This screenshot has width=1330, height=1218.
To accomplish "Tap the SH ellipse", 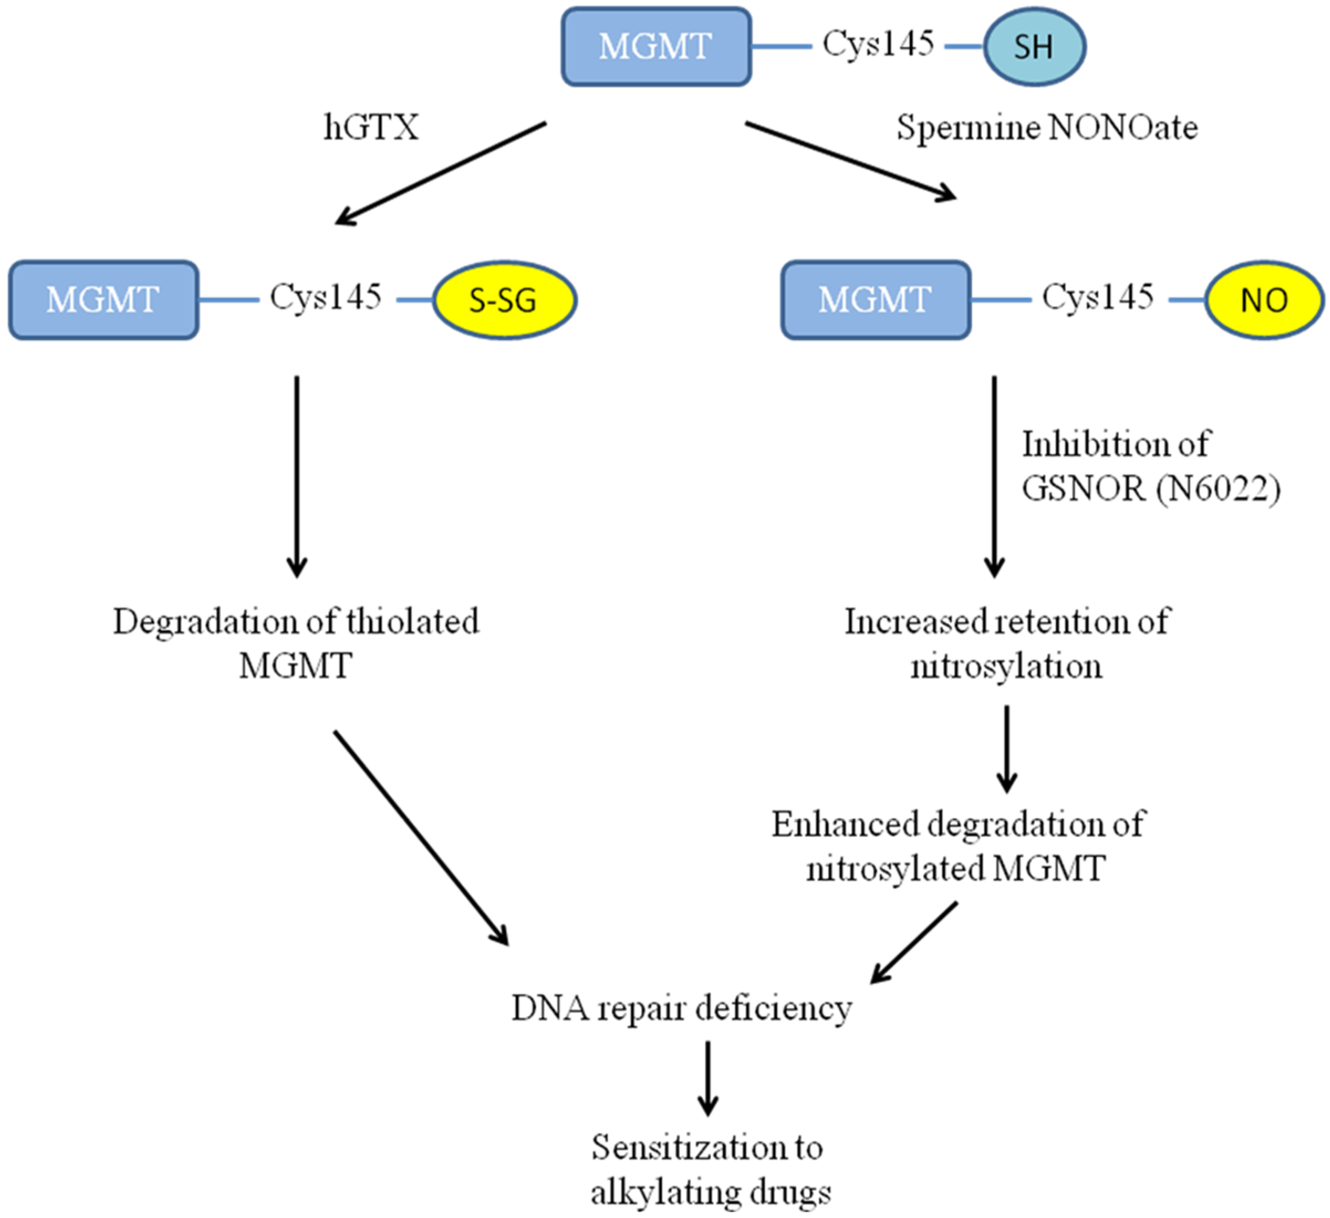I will pos(1034,47).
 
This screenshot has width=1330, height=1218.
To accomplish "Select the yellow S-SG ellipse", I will pos(504,300).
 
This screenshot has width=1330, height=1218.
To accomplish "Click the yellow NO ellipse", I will pos(1263,300).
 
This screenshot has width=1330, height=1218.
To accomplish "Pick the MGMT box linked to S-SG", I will pos(103,300).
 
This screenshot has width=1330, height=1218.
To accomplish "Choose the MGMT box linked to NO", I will pos(876,300).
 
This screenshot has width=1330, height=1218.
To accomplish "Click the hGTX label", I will pos(371,127).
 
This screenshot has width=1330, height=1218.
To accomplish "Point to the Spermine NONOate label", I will pos(1047,127).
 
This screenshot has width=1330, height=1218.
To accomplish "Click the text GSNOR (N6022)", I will pos(1150,489).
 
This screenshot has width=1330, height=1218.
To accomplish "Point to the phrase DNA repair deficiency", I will pos(682,1008).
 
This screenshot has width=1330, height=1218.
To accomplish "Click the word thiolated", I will pos(412,622).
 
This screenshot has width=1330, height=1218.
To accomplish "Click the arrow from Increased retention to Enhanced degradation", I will pos(1006,749).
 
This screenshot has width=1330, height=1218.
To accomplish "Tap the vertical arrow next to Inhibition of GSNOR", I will pos(994,475).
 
